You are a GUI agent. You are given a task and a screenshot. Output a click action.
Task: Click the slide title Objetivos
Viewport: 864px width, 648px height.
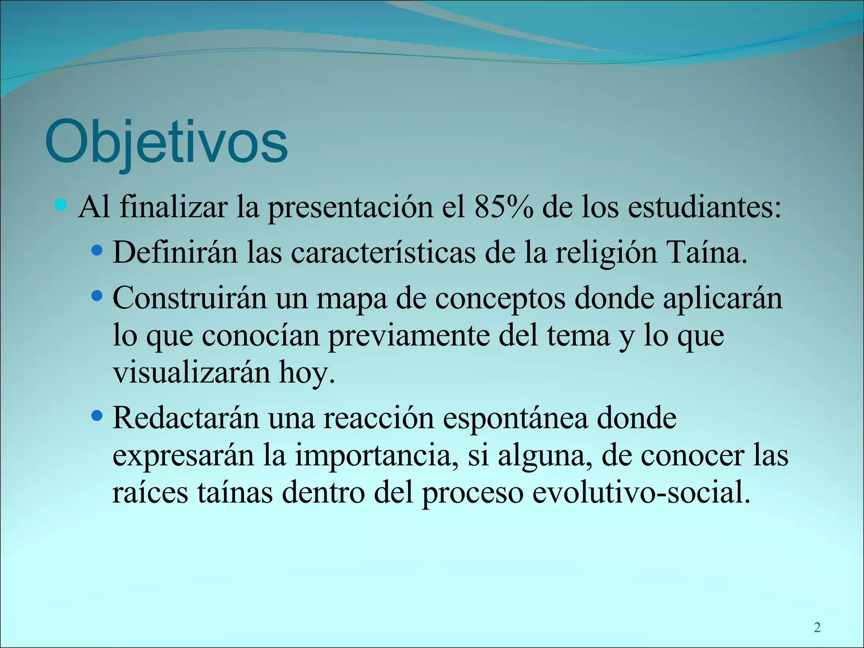pos(166,142)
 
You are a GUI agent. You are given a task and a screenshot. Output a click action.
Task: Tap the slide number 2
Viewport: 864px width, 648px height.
pos(817,628)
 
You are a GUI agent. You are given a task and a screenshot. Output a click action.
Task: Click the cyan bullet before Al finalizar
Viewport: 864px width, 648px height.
pos(61,205)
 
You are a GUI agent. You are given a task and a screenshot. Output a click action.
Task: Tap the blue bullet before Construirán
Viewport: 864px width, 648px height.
pos(97,296)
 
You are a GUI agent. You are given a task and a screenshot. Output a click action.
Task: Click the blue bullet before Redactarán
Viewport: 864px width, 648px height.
pos(97,416)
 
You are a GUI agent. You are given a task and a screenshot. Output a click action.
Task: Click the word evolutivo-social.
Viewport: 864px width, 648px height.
pos(641,493)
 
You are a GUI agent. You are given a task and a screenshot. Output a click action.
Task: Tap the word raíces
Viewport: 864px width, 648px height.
pos(150,493)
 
